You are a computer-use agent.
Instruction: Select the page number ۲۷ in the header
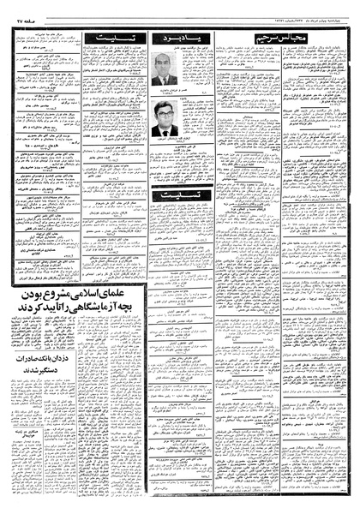(x=21, y=20)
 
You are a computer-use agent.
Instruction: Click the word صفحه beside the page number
(x=37, y=20)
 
